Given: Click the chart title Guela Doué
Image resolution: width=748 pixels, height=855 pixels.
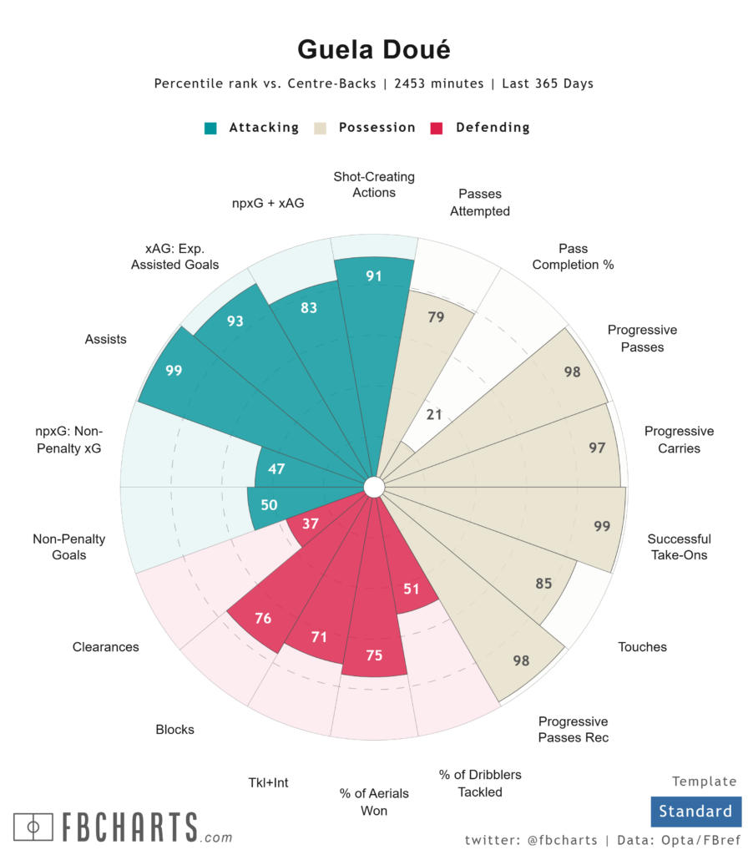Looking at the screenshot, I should point(373,50).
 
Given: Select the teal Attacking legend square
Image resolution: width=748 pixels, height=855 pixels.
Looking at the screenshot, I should point(210,128).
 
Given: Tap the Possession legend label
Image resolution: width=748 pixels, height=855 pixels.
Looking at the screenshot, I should point(377,128).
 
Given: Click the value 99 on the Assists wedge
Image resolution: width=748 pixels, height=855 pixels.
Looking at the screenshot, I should point(174,371).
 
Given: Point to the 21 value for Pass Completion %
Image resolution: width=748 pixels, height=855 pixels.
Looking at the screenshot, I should point(434,415).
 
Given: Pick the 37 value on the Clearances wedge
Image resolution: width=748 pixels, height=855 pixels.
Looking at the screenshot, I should point(311,524).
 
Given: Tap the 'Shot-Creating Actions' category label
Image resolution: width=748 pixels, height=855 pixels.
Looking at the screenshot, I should point(374,185).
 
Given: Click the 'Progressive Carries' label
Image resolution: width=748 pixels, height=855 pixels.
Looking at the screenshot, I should point(679,440).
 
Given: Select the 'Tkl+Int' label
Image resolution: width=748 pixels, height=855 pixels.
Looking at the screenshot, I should point(268,782).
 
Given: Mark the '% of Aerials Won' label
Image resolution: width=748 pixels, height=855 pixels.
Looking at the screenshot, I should point(363,802).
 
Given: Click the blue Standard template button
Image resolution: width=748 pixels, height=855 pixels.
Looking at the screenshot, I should point(695,811).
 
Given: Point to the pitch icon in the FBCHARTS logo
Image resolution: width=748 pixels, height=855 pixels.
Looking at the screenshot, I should point(34,827).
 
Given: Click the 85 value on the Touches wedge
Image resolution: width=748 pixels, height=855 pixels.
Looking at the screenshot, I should point(543,584).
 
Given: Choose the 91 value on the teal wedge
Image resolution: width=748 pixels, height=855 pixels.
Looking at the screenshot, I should point(373,276).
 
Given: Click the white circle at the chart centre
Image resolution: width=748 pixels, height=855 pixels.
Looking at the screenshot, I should point(373,487).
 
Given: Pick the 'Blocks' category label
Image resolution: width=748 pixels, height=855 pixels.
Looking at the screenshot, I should point(174,729).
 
